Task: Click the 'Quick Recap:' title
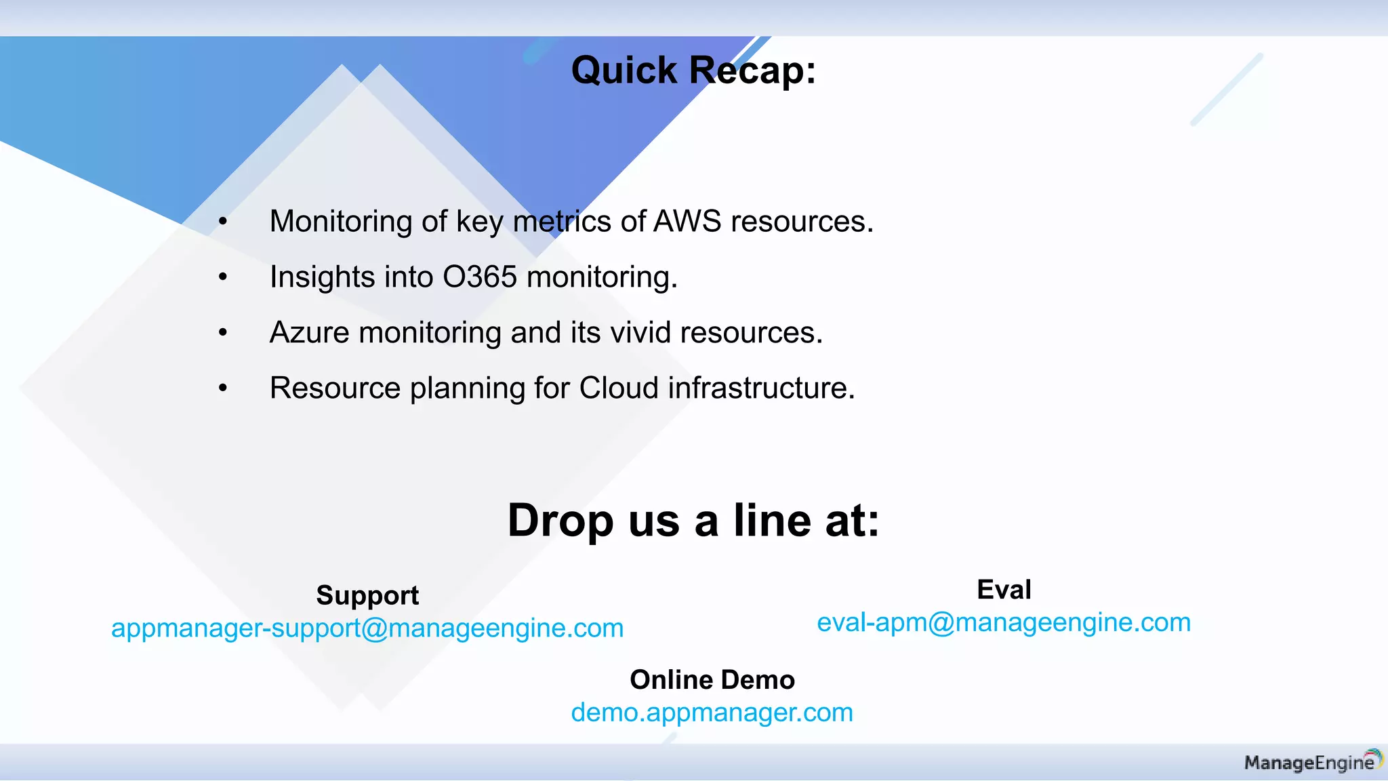(693, 70)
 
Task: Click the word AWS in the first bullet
(687, 222)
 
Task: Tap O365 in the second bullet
(480, 277)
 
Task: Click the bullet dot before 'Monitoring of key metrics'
(223, 222)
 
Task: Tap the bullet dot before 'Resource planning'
(223, 388)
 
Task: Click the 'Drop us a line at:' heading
(693, 521)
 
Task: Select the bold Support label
(367, 595)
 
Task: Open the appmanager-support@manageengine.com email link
(367, 628)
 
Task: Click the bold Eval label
(1004, 590)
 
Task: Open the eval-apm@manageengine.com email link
(1004, 622)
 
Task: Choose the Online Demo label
(712, 680)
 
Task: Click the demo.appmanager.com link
(712, 713)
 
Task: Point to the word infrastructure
(760, 388)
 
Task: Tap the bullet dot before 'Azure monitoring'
(223, 333)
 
